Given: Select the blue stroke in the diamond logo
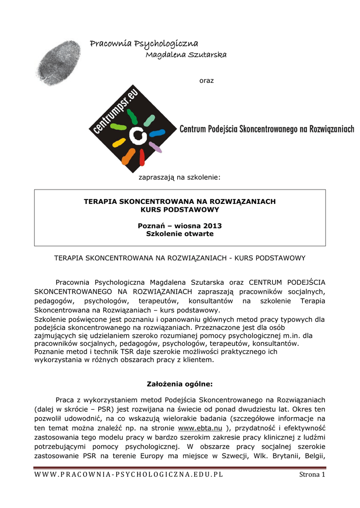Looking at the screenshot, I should tap(157, 133).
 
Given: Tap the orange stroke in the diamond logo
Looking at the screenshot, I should tap(128, 156).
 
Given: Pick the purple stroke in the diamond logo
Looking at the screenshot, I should tap(155, 147).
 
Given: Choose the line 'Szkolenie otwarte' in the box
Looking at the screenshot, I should tap(180, 234).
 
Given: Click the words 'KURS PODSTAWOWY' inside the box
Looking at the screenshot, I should tap(180, 209).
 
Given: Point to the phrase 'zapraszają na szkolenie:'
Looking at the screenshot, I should tap(179, 176).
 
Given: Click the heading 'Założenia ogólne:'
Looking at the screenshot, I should tap(180, 383).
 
